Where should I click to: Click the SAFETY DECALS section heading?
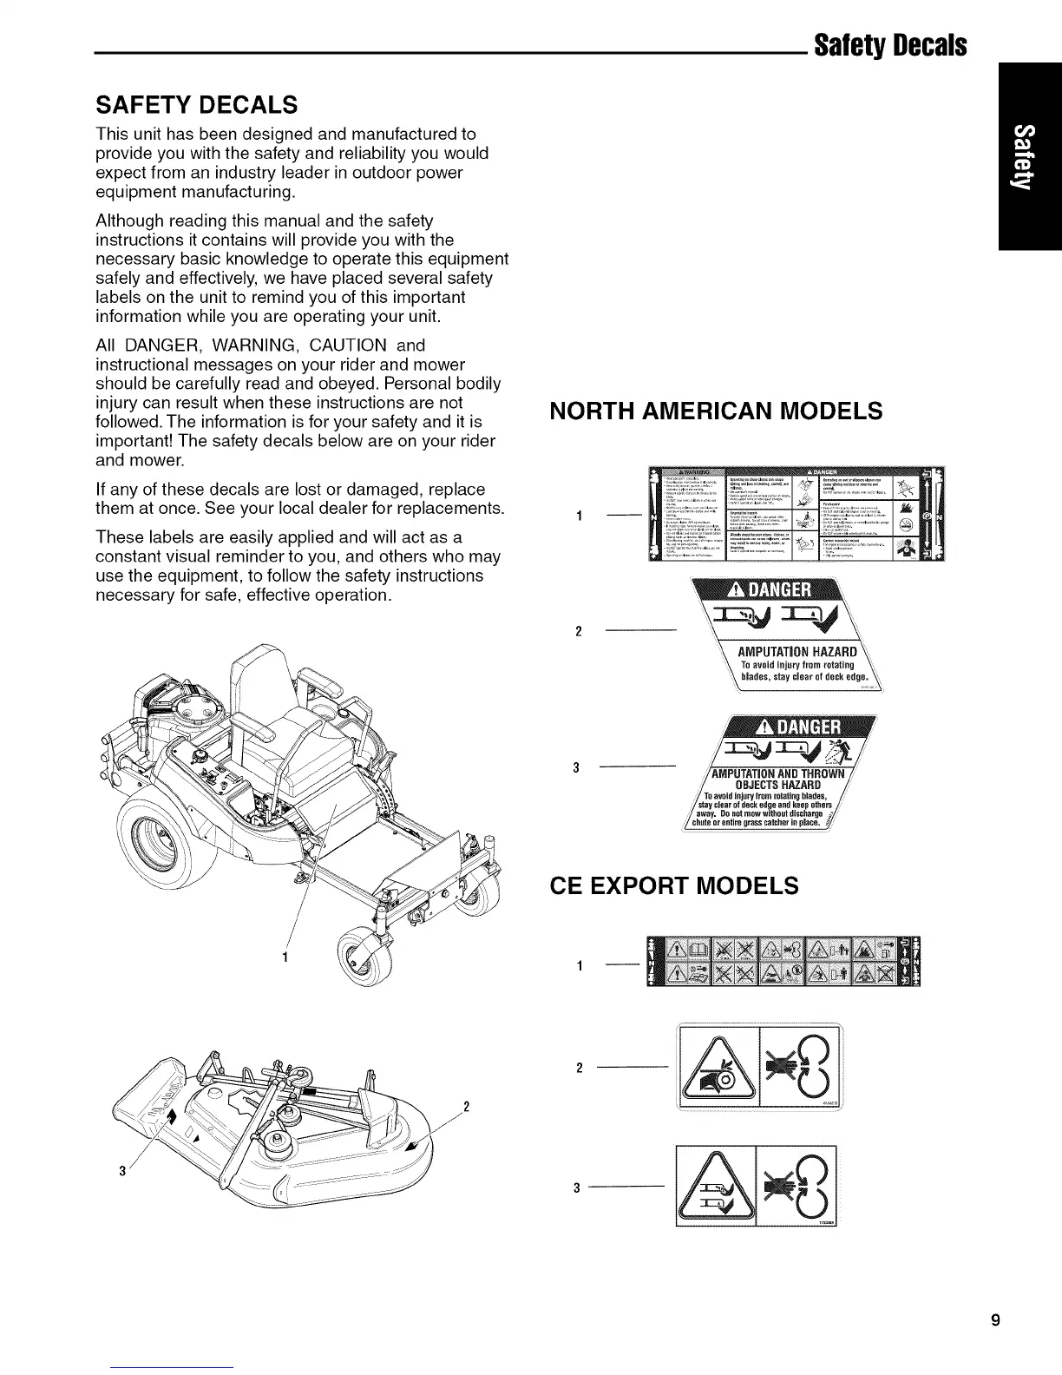point(196,106)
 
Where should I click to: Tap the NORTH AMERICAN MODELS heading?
point(717,411)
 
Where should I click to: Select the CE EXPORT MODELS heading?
point(674,885)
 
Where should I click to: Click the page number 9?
point(996,1321)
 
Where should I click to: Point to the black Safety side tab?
point(1030,156)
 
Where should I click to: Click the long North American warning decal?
point(790,515)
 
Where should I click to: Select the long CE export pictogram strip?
point(779,963)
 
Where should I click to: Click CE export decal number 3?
point(757,1187)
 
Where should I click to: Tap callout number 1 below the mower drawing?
point(287,959)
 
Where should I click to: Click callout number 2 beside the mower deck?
point(467,1107)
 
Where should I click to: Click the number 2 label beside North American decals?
point(578,629)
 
